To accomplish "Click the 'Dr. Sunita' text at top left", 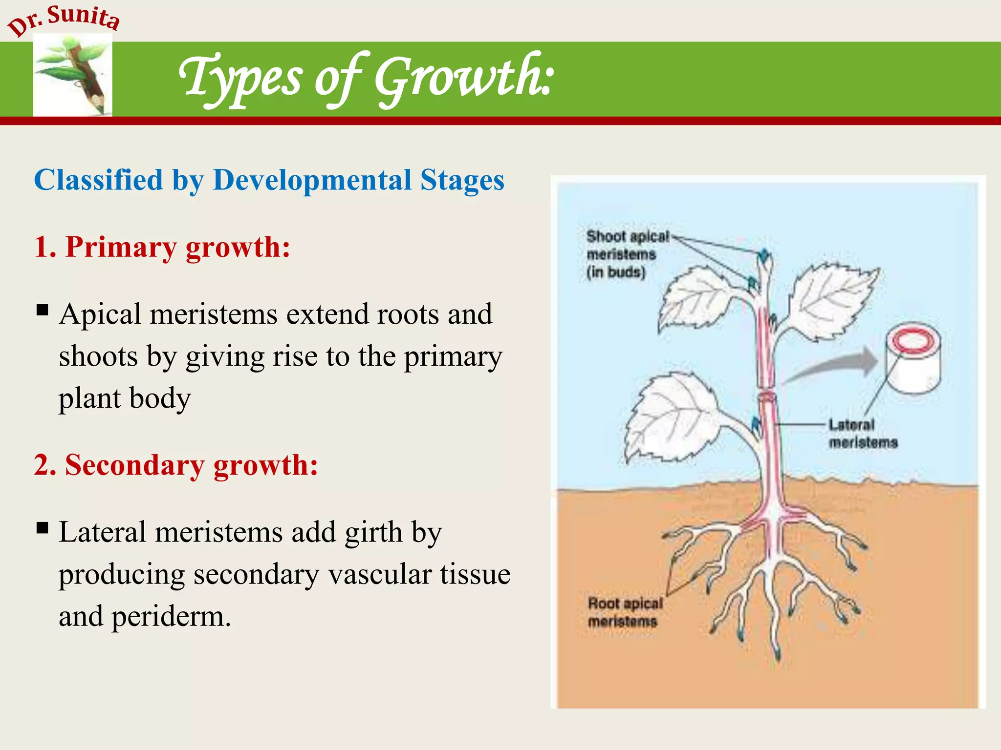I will [x=64, y=20].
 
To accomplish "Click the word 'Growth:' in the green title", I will [x=464, y=78].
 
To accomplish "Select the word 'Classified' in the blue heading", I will [x=98, y=180].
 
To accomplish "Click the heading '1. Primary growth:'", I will [x=162, y=247].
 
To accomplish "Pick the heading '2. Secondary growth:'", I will [x=176, y=465].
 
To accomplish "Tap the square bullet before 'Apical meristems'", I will [x=43, y=310].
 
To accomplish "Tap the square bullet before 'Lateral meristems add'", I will [x=43, y=528].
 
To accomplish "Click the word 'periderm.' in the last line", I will [x=171, y=617].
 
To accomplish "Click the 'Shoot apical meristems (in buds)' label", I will [x=627, y=254].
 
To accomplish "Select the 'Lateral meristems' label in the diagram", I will [x=863, y=434].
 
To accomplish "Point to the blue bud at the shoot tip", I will [x=763, y=255].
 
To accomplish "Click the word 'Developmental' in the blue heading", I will [x=312, y=180].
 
